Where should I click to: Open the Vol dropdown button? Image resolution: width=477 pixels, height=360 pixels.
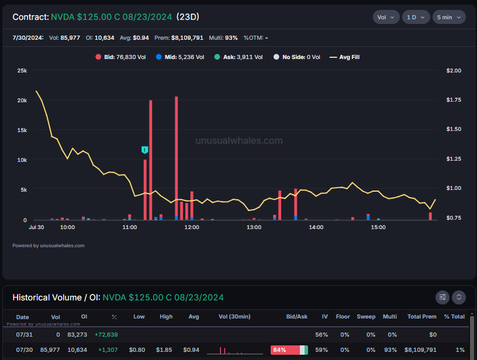point(386,18)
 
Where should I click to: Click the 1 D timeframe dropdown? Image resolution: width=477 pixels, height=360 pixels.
point(416,18)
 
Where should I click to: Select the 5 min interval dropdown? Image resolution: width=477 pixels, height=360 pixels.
point(449,18)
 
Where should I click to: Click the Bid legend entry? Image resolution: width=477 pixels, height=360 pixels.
point(121,57)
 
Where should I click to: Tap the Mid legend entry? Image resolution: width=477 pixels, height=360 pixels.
point(180,57)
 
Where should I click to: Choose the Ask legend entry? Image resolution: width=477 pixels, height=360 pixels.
point(238,57)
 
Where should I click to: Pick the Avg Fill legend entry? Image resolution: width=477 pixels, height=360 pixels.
point(345,57)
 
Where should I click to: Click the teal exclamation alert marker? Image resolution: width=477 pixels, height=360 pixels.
point(145,150)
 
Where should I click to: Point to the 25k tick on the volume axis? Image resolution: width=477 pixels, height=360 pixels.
point(22,71)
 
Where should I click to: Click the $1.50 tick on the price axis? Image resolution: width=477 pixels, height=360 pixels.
point(454,129)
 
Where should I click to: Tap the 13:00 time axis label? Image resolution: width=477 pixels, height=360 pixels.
point(254,227)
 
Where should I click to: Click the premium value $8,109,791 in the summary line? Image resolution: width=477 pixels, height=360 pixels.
point(187,38)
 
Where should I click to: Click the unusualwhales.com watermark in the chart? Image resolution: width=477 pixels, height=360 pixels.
point(239,140)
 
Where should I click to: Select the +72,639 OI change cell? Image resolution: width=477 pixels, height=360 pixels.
point(106,335)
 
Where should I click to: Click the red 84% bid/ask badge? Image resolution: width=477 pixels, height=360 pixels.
point(285,350)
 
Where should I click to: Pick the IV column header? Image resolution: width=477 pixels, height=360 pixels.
point(325,317)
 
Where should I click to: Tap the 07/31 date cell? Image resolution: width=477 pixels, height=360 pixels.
point(25,335)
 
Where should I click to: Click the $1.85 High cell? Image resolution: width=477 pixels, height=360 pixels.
point(164,350)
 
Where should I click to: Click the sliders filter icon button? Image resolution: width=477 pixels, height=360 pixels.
point(443,297)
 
